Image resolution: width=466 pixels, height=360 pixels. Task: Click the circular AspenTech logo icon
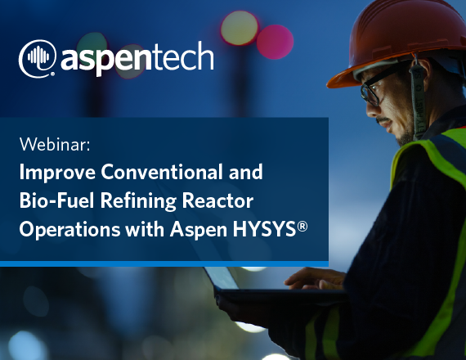[38, 58]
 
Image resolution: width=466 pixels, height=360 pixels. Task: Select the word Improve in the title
[57, 173]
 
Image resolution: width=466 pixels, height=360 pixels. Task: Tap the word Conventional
[162, 172]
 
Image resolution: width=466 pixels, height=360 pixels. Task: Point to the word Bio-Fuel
[56, 200]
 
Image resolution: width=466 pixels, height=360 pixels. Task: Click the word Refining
[138, 201]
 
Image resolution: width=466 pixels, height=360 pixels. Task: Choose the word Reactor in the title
[217, 200]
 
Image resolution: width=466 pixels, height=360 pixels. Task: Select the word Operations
[69, 230]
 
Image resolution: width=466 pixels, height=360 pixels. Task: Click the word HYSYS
[265, 229]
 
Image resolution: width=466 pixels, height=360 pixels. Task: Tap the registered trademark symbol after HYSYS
[302, 227]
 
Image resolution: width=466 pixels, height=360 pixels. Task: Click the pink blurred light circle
[275, 42]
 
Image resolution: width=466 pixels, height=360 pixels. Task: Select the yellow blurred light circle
[240, 29]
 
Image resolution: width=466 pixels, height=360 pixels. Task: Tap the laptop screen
[222, 278]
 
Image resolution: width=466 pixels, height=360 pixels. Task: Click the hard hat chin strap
[417, 98]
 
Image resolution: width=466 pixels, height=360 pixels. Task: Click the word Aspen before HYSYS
[199, 230]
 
